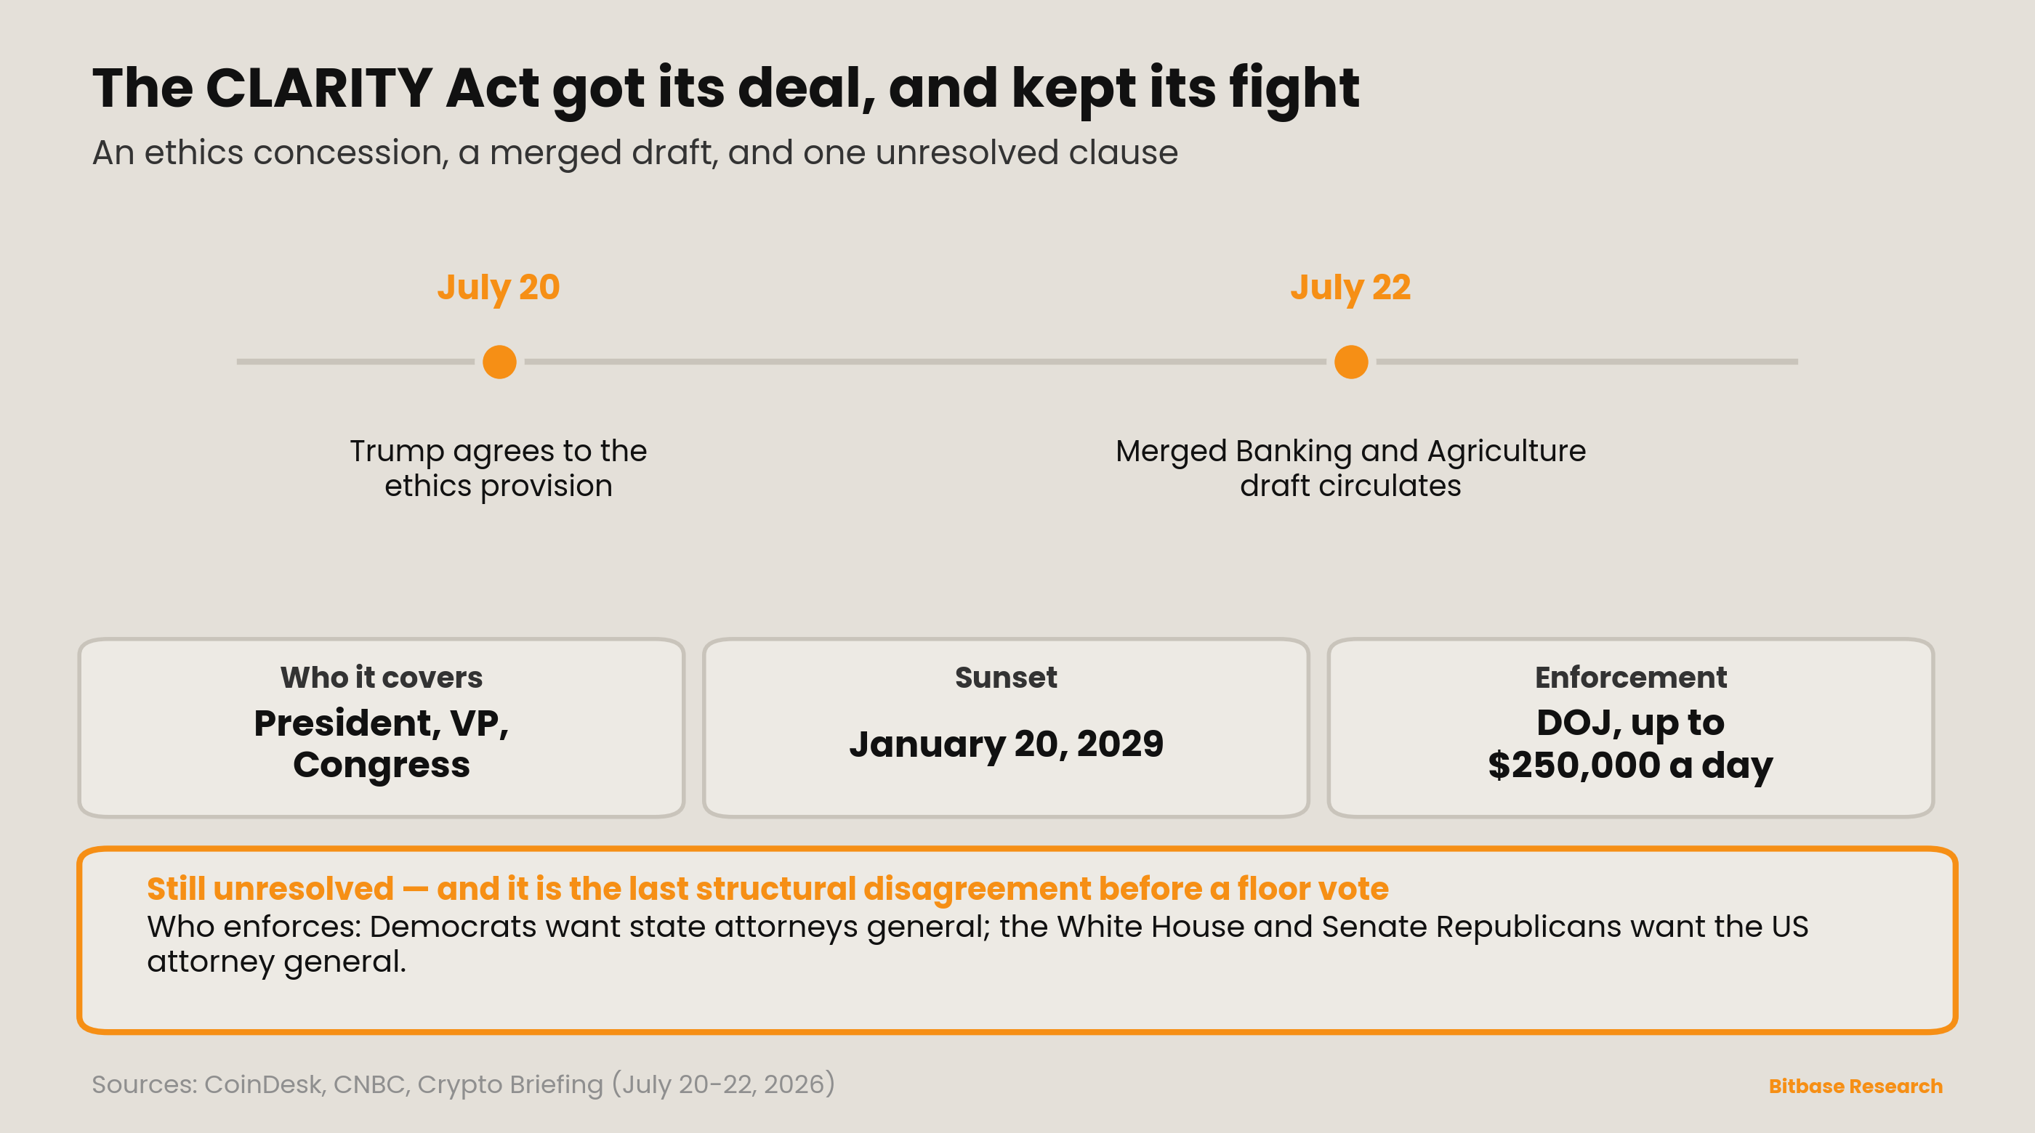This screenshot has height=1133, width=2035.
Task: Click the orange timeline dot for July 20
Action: point(499,362)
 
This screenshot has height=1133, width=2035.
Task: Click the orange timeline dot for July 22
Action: point(1351,362)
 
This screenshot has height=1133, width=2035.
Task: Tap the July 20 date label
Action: point(499,288)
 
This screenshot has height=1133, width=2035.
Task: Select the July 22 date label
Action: point(1350,288)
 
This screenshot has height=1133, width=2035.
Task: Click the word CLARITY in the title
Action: point(318,88)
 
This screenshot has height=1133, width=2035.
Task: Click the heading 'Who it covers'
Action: point(382,678)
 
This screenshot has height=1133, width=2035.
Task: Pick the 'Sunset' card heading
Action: point(1006,678)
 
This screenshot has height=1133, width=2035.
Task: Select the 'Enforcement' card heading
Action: point(1630,678)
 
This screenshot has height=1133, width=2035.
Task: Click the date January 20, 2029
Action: point(1006,744)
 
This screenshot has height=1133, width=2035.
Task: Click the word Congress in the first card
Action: point(382,765)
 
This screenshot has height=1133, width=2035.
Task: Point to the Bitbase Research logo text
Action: point(1855,1087)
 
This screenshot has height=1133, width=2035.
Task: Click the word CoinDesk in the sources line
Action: point(264,1085)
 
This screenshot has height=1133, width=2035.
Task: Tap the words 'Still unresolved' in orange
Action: point(270,889)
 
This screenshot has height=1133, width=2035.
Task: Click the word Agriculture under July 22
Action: point(1507,452)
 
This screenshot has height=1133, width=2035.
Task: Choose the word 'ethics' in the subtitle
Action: point(193,153)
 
